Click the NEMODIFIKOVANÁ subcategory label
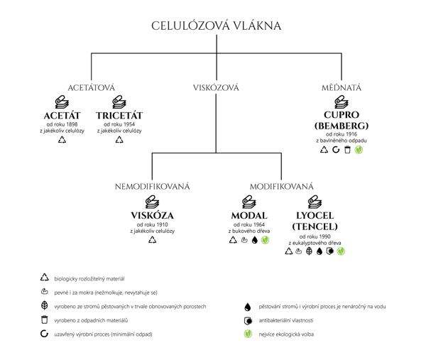(x=153, y=187)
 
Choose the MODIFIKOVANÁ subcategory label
(x=281, y=187)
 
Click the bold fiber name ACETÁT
(x=61, y=116)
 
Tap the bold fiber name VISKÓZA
(x=152, y=215)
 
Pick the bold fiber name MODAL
(x=249, y=215)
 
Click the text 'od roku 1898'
(x=61, y=125)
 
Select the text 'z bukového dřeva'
(x=249, y=231)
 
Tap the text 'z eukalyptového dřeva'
(x=313, y=243)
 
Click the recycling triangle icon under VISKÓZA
(x=152, y=240)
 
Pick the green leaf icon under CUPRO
(x=359, y=151)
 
